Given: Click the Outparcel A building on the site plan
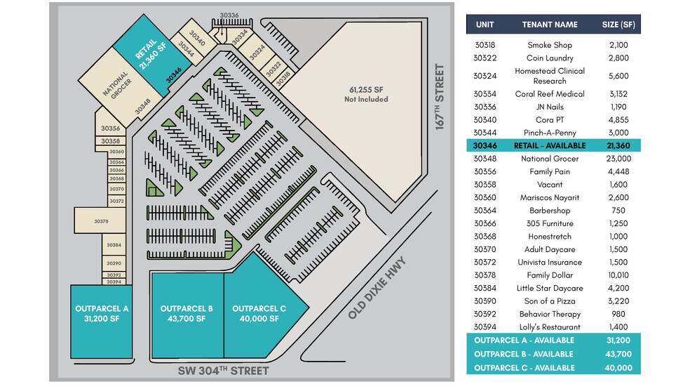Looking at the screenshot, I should (x=101, y=320).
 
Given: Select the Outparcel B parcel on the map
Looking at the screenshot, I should (x=187, y=314).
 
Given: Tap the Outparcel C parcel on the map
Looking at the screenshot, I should (x=259, y=314).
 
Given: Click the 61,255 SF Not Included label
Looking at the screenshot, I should (x=366, y=95).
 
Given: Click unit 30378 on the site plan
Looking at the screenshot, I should (x=101, y=221).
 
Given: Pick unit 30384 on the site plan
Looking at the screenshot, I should (x=114, y=246).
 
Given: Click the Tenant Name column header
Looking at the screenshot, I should (x=550, y=25).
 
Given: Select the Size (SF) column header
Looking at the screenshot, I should (x=618, y=25).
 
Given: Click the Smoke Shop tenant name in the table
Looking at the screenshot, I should (x=550, y=45).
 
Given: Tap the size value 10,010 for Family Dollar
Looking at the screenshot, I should (x=618, y=275).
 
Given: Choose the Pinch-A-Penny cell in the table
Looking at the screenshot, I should (x=550, y=133).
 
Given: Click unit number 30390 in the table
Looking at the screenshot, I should (x=485, y=301).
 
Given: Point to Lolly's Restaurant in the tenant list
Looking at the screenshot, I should (x=550, y=327).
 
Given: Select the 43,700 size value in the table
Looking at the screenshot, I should (x=618, y=354).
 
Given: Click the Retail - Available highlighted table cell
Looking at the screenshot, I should (x=550, y=145).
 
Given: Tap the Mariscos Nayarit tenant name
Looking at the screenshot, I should (x=550, y=198).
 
